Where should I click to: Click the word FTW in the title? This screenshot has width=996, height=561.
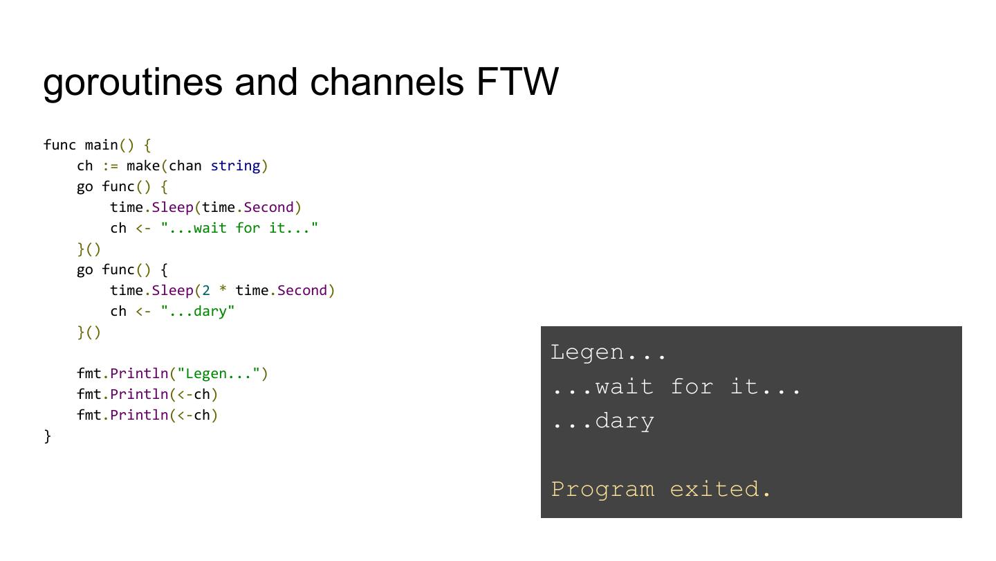click(x=517, y=82)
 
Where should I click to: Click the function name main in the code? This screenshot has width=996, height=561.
click(x=101, y=145)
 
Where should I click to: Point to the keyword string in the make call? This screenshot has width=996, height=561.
click(x=235, y=166)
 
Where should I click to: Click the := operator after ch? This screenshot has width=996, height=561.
click(x=110, y=166)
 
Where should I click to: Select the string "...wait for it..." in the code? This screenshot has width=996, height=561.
click(x=239, y=228)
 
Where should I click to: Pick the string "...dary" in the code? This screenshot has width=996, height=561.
click(x=198, y=311)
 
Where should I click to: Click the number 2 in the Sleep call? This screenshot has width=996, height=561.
click(x=206, y=290)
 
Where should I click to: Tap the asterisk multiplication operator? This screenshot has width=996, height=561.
click(x=223, y=291)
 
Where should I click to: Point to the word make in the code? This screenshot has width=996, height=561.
click(x=143, y=166)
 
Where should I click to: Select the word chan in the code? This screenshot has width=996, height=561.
click(x=185, y=166)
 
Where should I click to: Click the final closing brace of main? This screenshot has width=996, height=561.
click(x=48, y=436)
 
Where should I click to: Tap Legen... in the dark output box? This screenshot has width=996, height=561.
click(x=608, y=352)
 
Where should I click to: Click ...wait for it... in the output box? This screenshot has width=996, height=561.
click(x=676, y=386)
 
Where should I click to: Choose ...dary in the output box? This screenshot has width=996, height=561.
click(x=602, y=420)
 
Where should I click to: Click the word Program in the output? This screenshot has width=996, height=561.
click(x=602, y=489)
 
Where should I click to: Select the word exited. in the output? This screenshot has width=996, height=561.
click(x=720, y=489)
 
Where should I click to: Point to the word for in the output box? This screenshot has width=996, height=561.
click(x=692, y=386)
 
